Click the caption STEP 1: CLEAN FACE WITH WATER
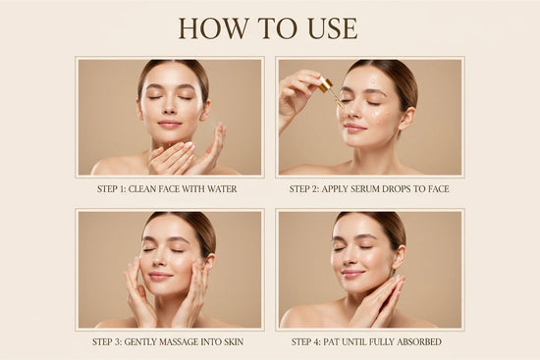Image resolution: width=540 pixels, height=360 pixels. [170, 188]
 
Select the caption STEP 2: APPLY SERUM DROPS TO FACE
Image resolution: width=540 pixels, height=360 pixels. [369, 188]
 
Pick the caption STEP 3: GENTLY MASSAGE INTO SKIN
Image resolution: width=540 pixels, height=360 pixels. [168, 341]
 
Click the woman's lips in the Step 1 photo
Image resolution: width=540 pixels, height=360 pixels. [169, 125]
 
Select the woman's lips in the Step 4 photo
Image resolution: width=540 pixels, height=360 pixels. [352, 275]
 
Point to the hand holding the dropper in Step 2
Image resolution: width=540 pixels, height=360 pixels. [297, 90]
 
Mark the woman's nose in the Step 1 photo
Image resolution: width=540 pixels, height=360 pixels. [168, 109]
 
